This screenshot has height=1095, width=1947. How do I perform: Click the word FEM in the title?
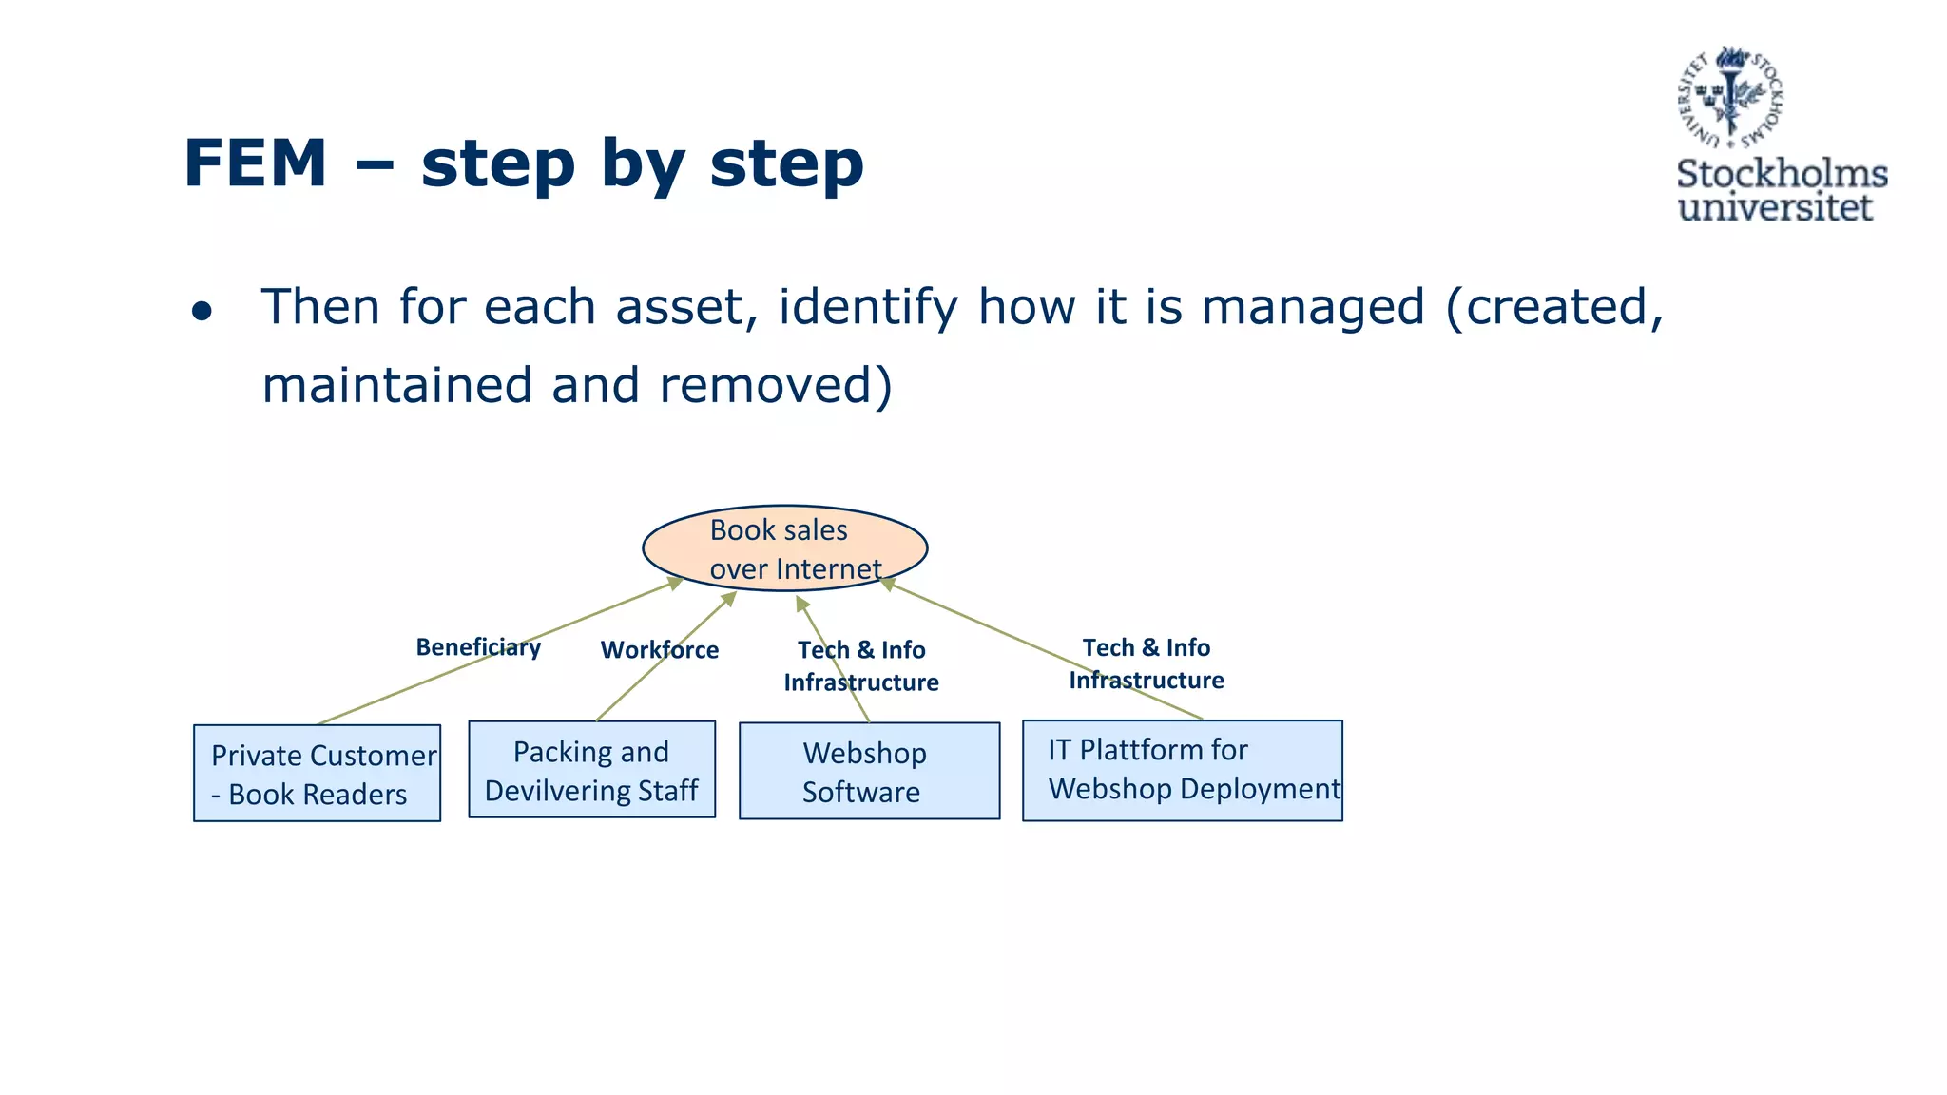tap(255, 163)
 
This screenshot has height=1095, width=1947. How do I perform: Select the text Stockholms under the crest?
tap(1781, 174)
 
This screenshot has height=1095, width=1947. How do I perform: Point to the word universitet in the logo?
tap(1774, 207)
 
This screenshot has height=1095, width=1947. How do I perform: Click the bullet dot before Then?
tap(202, 312)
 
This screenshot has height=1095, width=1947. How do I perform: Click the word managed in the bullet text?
tap(1313, 308)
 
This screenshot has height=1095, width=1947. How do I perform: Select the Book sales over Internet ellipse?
tap(784, 548)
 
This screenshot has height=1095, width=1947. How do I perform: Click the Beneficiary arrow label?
tap(478, 647)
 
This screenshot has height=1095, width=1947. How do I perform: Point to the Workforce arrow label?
tap(659, 650)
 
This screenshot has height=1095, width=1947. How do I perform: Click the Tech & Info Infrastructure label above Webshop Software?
tap(860, 665)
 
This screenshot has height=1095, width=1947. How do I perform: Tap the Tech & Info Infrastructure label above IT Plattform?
tap(1146, 663)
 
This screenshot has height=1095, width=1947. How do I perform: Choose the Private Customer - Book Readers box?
tap(317, 774)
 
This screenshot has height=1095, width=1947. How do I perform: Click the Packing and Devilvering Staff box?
tap(591, 770)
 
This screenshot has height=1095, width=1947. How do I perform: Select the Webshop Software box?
tap(869, 771)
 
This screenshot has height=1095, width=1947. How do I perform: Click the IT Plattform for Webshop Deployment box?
tap(1182, 770)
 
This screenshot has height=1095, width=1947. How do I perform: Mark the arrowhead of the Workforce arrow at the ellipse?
tap(729, 598)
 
